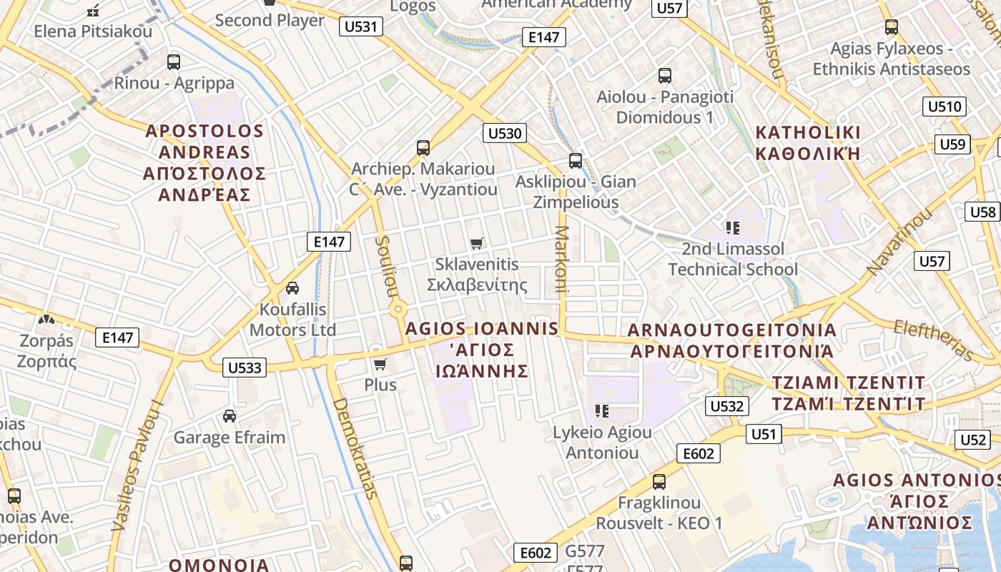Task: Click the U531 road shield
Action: (362, 27)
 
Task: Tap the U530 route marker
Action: (506, 133)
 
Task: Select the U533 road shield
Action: (245, 368)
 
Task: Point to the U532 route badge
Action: (728, 406)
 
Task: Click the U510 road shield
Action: (945, 107)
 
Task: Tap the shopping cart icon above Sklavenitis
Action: (477, 243)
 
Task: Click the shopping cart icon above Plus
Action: (380, 364)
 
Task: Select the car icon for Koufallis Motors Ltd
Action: (292, 288)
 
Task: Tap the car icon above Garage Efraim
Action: (230, 416)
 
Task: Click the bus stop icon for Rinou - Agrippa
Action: (174, 61)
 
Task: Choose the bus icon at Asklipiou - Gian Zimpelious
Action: (576, 161)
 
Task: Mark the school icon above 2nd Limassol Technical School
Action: (732, 228)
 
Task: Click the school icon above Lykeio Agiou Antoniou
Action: (602, 411)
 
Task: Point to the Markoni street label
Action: (561, 260)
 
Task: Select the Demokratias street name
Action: (354, 448)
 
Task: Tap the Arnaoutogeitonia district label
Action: (731, 340)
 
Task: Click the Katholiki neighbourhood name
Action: (808, 143)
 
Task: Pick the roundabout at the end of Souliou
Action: (398, 310)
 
